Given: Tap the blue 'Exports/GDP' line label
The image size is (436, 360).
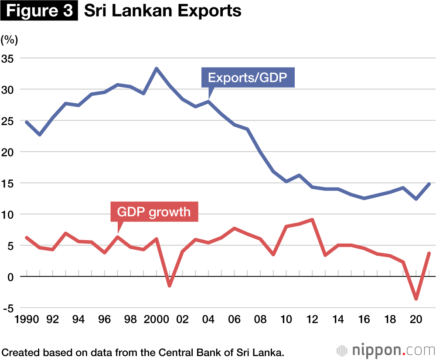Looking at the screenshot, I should [248, 78].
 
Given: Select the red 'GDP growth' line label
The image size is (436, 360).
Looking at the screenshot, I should [154, 212].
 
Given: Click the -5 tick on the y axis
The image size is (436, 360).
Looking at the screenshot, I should [8, 308].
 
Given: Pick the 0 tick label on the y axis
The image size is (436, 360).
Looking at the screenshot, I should [11, 277].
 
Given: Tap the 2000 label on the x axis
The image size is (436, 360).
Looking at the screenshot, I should [157, 319].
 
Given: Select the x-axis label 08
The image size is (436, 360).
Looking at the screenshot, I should [260, 319].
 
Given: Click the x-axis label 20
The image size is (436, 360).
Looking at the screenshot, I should [416, 319].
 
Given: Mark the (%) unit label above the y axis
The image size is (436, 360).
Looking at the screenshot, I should [9, 40].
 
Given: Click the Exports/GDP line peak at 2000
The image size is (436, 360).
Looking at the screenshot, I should [157, 68].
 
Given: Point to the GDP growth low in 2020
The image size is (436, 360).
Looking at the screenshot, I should [416, 299].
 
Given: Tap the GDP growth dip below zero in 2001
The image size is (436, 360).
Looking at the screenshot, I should [170, 285].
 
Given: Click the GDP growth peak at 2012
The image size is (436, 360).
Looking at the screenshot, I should [313, 220].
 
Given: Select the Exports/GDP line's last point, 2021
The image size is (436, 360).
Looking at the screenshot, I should [429, 184].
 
